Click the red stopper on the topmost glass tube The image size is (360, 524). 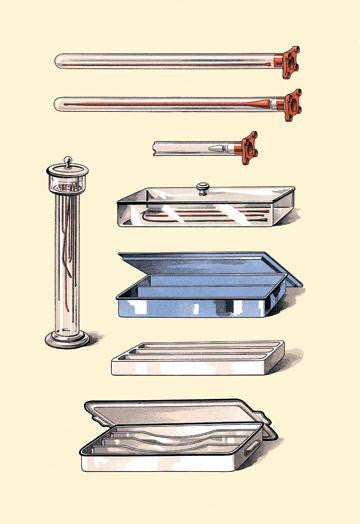pos(288,61)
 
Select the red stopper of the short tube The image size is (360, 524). pos(245,147)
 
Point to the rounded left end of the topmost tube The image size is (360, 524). pos(59,61)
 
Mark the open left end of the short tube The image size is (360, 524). pos(156,147)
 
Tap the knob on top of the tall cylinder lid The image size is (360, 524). pos(68,161)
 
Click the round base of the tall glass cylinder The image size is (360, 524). pos(67,339)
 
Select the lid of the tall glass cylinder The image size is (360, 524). pos(68,177)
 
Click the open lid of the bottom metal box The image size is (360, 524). pos(170,412)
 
